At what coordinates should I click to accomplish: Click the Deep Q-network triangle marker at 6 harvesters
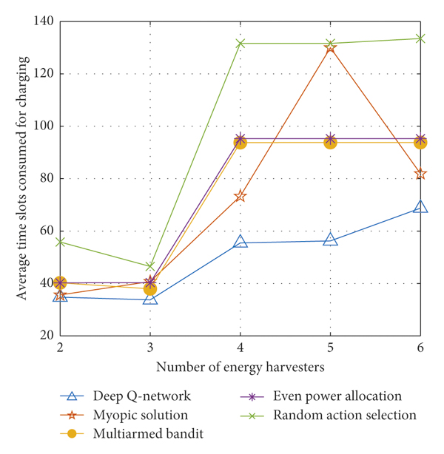[x=420, y=207]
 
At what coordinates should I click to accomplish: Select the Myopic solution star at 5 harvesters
[x=330, y=48]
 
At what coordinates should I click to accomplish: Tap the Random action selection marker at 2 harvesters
[x=60, y=242]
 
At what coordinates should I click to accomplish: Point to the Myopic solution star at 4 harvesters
[x=240, y=196]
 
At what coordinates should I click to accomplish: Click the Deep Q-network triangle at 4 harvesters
[x=240, y=242]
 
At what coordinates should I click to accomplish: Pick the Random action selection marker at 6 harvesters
[x=420, y=38]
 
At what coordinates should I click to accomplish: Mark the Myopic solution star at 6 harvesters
[x=420, y=174]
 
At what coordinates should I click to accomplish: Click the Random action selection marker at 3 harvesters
[x=150, y=266]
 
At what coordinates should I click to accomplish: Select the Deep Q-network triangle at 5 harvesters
[x=330, y=240]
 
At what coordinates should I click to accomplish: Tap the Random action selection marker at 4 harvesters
[x=240, y=44]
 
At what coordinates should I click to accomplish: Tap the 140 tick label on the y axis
[x=41, y=22]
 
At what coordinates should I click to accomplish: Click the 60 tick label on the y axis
[x=45, y=231]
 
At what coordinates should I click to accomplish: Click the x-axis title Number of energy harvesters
[x=240, y=366]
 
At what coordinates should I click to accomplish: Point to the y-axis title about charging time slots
[x=21, y=178]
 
